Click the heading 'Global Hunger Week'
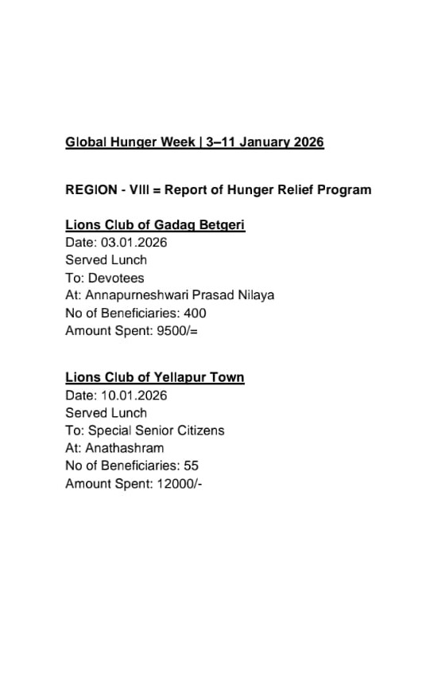(130, 142)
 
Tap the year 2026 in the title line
(308, 142)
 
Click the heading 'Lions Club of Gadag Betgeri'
(155, 225)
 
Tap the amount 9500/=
(177, 330)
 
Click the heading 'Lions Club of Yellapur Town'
(155, 378)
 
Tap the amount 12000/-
(180, 483)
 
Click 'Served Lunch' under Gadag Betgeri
(106, 260)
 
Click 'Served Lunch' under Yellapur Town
(106, 413)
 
